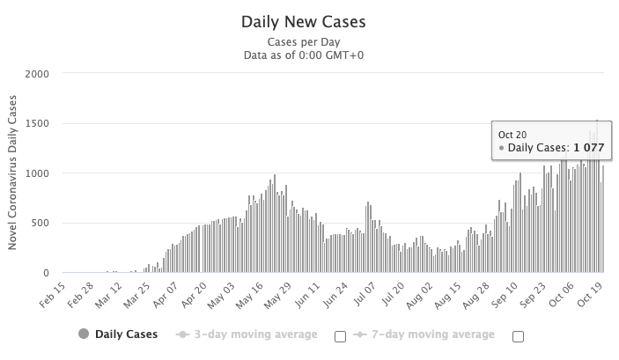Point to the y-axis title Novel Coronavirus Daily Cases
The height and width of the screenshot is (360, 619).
(13, 173)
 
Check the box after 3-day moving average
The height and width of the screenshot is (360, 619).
(340, 335)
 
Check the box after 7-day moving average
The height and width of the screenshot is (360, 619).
(518, 335)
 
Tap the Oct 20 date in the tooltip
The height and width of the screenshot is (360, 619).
(512, 134)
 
